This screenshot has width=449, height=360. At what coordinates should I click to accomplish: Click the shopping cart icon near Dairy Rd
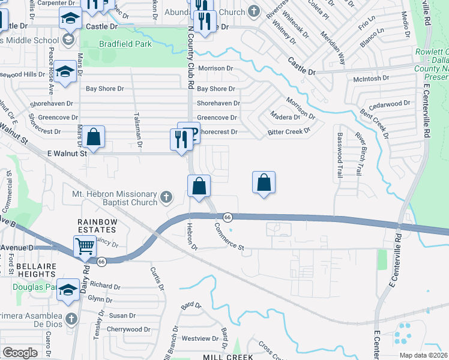pos(85,245)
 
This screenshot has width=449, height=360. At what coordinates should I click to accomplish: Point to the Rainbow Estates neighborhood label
pos(95,226)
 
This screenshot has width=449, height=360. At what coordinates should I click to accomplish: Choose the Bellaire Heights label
pos(28,269)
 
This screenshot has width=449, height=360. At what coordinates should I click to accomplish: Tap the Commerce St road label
pos(229,237)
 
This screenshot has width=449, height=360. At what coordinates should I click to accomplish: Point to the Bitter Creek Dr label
pos(288,131)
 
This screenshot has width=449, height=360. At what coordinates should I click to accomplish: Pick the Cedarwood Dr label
pos(390,104)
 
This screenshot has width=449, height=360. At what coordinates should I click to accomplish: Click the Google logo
pos(20,353)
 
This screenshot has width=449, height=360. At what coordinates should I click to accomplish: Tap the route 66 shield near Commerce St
pos(228,217)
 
